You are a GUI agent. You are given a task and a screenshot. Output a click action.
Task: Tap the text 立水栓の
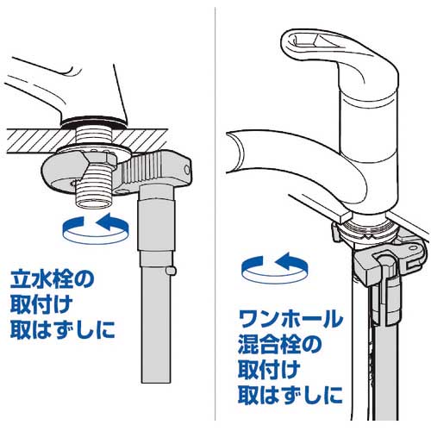[52, 279]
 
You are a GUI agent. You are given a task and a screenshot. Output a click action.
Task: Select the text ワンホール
[290, 319]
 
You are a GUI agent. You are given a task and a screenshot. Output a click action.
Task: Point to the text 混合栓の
[280, 345]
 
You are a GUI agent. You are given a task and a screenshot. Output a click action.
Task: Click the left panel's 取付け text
[41, 305]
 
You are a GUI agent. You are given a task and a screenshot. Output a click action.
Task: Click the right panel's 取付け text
[269, 371]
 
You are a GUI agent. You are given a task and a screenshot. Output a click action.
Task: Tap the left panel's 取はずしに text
[62, 330]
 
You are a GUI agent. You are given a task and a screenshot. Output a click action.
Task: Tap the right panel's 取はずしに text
[290, 396]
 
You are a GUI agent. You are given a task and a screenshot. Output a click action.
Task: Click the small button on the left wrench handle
[171, 271]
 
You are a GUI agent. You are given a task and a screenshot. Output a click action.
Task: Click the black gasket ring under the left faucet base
[93, 122]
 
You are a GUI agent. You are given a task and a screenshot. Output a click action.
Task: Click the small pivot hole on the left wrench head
[187, 169]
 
